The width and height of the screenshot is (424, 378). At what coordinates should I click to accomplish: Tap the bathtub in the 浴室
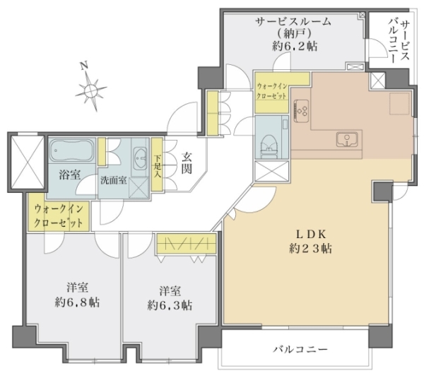point(72,151)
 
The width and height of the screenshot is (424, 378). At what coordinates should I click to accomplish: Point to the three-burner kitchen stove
point(302,110)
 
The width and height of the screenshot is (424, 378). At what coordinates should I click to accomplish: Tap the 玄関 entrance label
point(187,163)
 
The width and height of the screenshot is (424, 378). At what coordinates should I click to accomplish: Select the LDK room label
point(311,234)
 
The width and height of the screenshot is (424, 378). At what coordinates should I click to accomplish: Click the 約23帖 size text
point(311,248)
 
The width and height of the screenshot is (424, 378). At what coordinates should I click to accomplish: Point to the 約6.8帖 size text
point(77,302)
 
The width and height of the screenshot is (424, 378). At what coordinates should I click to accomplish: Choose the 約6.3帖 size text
point(170,305)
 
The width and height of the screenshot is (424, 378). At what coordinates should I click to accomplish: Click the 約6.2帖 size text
point(295,46)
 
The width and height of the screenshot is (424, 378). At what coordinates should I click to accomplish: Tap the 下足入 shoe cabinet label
point(157,166)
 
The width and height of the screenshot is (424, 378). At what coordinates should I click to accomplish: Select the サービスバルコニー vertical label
point(399,42)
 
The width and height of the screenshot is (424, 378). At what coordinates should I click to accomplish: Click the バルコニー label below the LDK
point(300,349)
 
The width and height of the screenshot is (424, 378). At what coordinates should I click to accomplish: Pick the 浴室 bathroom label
point(70,175)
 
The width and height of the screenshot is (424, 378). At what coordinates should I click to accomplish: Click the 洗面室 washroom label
point(114,180)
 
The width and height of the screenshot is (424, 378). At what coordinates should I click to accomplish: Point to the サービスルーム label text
point(293,21)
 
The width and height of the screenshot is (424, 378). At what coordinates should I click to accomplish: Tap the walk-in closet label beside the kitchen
point(272,91)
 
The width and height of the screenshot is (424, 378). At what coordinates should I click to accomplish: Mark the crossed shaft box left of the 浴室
point(27,163)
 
